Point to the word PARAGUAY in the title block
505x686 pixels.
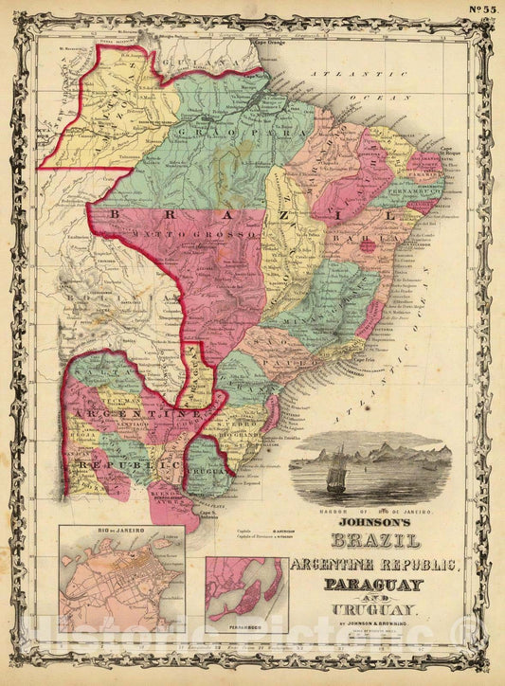tap(370, 586)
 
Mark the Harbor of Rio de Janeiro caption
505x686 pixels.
tap(370, 511)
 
